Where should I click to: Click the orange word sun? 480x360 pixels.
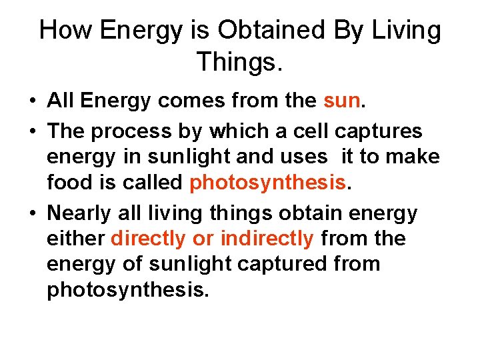[341, 101]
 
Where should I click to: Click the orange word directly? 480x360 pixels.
[148, 238]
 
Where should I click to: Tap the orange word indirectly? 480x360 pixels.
[267, 238]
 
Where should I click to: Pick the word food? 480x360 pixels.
[69, 183]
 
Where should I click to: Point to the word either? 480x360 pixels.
[75, 238]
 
